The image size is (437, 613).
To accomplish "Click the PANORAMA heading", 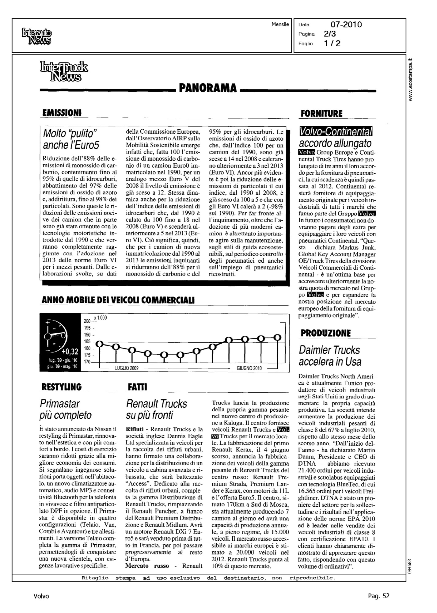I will (x=208, y=88).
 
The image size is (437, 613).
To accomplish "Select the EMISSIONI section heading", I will (x=62, y=113).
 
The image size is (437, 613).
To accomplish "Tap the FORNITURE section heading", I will (x=321, y=114).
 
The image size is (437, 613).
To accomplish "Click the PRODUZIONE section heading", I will (x=325, y=333).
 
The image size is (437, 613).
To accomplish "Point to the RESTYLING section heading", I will (x=62, y=387).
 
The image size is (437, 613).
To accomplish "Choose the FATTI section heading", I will (x=137, y=387).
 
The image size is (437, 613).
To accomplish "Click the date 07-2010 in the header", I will (x=346, y=25).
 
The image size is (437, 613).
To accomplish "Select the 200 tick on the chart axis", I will (x=87, y=322).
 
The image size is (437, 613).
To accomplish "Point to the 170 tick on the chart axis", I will (x=87, y=362).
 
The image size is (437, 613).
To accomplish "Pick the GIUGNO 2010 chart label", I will (x=249, y=368).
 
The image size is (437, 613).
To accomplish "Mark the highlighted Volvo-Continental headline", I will (x=336, y=131).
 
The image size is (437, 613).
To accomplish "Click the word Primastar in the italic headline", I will (x=60, y=404).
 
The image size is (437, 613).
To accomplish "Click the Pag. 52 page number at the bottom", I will (x=378, y=596).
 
